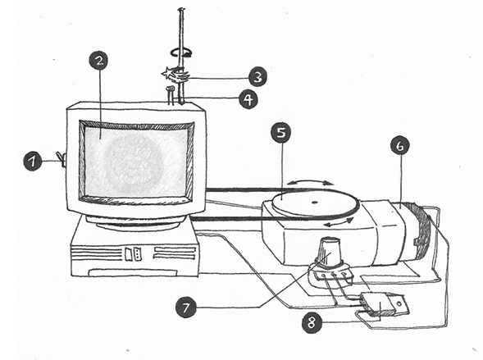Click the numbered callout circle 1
pyautogui.click(x=33, y=162)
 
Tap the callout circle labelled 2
pyautogui.click(x=99, y=61)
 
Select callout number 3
pyautogui.click(x=257, y=77)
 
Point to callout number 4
pyautogui.click(x=248, y=99)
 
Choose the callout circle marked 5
pyautogui.click(x=280, y=134)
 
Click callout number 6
pyautogui.click(x=399, y=146)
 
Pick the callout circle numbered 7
pyautogui.click(x=186, y=308)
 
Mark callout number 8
pyautogui.click(x=312, y=323)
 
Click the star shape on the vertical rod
pyautogui.click(x=167, y=74)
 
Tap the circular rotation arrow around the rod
pyautogui.click(x=181, y=52)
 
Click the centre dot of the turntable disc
pyautogui.click(x=314, y=203)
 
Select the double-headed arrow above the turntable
pyautogui.click(x=310, y=183)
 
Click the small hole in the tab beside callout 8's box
pyautogui.click(x=399, y=304)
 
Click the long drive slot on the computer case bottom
pyautogui.click(x=133, y=272)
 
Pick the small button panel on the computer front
pyautogui.click(x=133, y=253)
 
